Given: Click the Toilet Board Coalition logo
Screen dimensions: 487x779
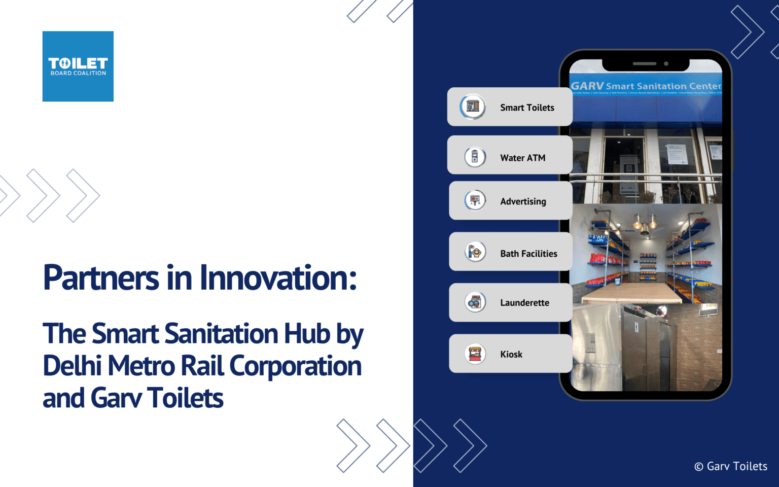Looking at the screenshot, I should click(78, 66).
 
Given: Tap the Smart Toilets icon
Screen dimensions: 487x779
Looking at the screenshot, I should click(473, 107).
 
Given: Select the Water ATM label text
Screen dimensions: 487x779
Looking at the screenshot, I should click(522, 158).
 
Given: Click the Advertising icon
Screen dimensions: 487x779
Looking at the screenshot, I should click(475, 201).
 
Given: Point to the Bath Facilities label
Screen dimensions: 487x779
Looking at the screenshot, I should click(528, 254).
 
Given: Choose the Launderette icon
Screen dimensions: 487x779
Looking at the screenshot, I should click(475, 302).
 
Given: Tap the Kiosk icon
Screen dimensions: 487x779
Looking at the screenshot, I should click(475, 354).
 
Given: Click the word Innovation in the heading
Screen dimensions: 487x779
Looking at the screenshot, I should click(278, 278).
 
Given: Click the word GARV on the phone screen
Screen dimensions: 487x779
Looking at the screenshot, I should click(587, 86).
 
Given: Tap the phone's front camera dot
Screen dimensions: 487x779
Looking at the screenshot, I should click(666, 64).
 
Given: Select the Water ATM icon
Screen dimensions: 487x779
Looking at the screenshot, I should click(475, 157).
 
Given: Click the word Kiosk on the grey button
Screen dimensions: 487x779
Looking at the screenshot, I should click(511, 354).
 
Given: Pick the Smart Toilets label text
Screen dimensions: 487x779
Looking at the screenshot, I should click(527, 108).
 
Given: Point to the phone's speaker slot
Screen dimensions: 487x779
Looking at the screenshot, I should click(645, 64).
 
